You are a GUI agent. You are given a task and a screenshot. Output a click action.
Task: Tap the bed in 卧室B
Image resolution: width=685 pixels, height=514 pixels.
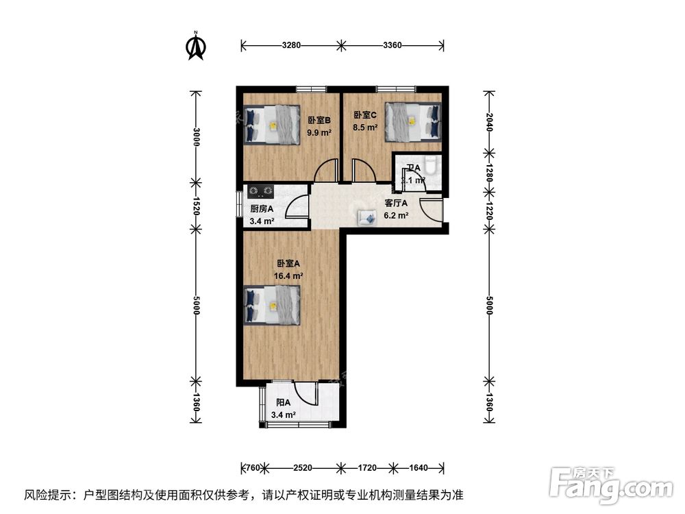272,125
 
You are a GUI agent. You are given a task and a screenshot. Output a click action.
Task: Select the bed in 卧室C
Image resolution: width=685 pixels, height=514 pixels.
413,121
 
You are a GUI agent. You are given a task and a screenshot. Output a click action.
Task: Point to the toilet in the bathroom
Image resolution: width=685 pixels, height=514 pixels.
430,167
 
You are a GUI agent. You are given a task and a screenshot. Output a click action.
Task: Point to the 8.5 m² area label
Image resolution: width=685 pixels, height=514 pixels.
365,127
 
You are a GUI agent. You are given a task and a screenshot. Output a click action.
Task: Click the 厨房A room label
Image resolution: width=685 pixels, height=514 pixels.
262,209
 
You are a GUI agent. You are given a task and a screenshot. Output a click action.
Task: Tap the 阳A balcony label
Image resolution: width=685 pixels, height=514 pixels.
283,403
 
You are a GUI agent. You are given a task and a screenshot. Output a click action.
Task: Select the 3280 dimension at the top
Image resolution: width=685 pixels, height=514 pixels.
291,46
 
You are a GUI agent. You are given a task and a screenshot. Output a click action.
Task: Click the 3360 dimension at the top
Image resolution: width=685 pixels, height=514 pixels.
393,46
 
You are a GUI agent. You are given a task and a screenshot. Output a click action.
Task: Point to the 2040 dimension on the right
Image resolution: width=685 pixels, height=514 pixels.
488,121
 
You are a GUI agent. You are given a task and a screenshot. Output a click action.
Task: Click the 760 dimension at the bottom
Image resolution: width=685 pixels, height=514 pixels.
253,468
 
